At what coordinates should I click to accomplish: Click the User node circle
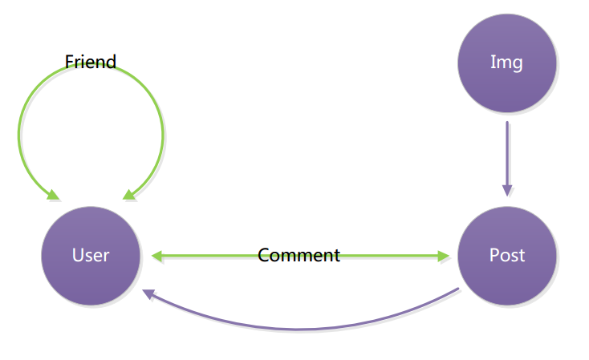coord(91,256)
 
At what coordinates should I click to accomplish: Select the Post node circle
coord(506,256)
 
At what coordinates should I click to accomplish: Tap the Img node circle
coord(506,63)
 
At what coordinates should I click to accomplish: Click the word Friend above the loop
coord(91,62)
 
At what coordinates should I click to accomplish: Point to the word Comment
coord(299,256)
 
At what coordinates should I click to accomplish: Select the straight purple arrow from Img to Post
coord(506,152)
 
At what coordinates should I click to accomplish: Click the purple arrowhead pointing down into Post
coord(506,190)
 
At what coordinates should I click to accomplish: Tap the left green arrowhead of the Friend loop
coord(53,195)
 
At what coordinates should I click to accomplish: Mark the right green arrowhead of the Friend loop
coord(128,195)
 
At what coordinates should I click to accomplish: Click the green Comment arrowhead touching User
coord(156,257)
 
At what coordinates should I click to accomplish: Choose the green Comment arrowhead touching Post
coord(443,257)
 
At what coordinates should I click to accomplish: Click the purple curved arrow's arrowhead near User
coord(148,294)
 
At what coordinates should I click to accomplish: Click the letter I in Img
coord(493,63)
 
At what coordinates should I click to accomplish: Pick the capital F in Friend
coord(69,62)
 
